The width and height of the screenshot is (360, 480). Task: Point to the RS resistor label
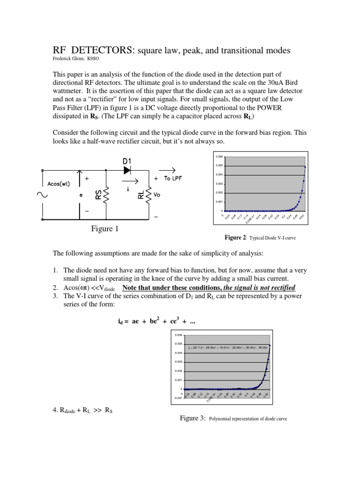tap(98, 194)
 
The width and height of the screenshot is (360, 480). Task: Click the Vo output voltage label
tap(157, 195)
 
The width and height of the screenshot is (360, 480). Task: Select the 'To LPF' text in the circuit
tap(173, 179)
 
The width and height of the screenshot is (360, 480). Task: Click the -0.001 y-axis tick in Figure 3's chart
tap(178, 398)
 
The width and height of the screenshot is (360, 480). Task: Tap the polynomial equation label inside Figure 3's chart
tap(227, 348)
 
